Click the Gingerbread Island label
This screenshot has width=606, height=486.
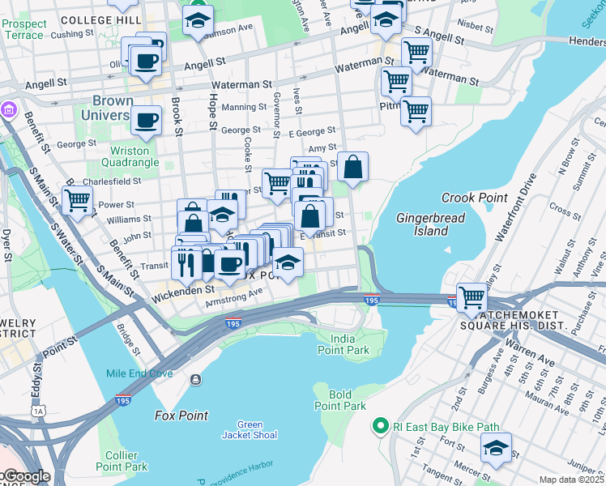click(x=422, y=224)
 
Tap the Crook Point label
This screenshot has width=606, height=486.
click(x=474, y=198)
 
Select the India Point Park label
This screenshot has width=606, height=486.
click(x=350, y=344)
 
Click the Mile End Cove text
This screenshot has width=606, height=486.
click(x=139, y=373)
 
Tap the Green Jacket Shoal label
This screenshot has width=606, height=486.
click(x=250, y=429)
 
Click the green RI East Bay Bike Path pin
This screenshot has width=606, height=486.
click(x=379, y=425)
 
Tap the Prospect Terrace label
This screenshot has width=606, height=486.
click(x=23, y=30)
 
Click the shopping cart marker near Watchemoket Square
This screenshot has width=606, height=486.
click(x=472, y=296)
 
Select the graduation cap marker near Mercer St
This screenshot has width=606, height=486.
click(x=496, y=446)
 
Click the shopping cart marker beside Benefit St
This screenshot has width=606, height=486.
click(x=77, y=199)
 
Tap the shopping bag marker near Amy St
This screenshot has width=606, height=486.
click(x=353, y=167)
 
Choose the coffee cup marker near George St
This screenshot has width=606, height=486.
click(x=146, y=120)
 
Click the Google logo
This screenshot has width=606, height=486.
click(x=26, y=476)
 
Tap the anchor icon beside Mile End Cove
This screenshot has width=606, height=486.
click(x=195, y=379)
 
